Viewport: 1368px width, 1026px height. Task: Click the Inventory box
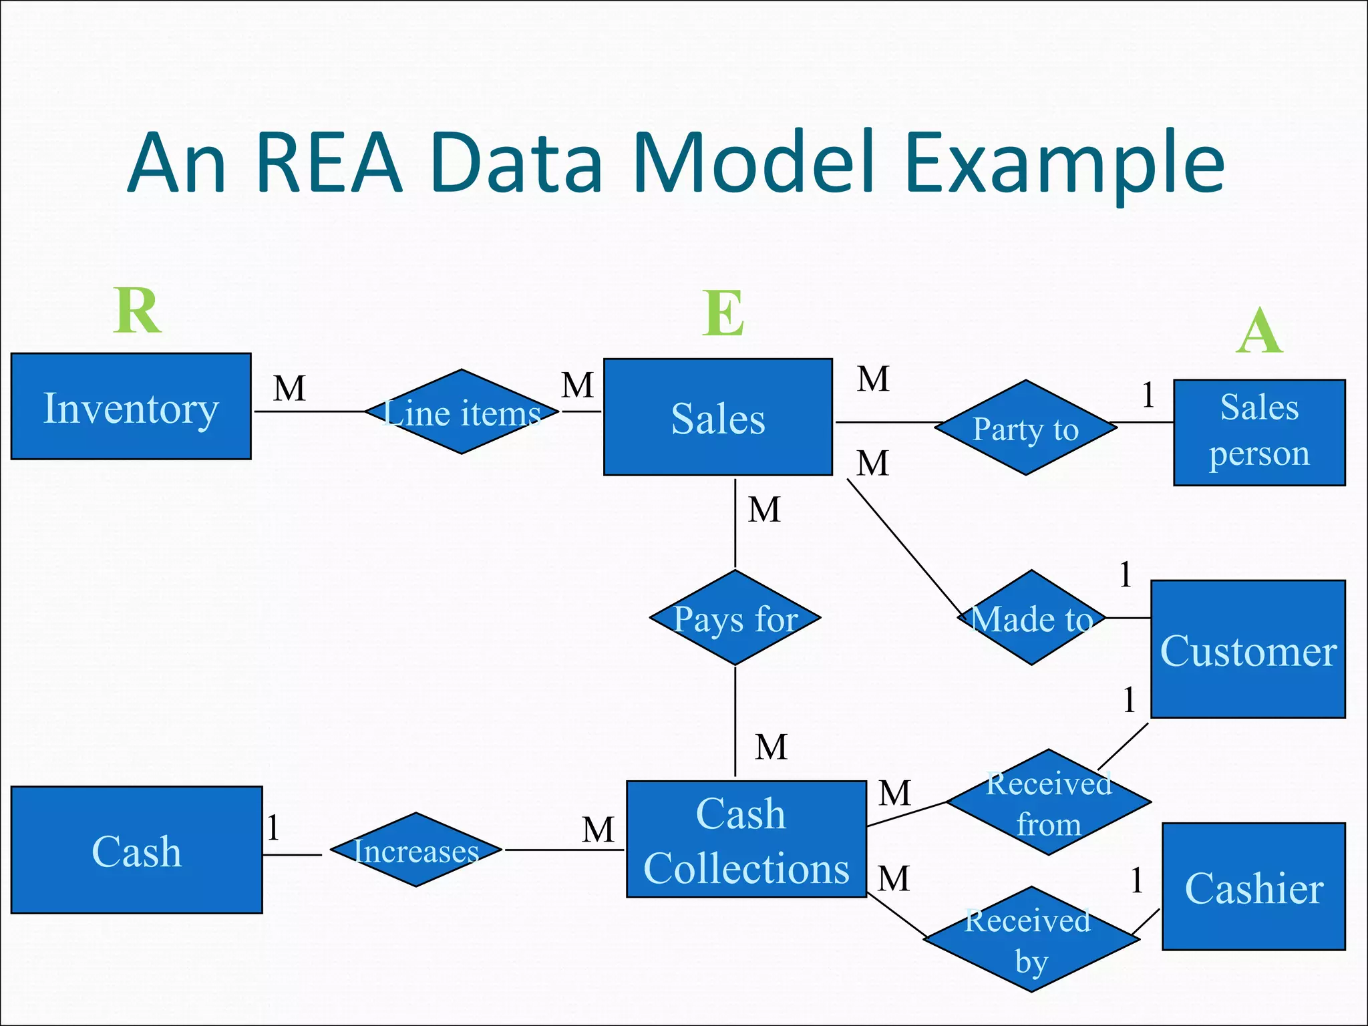tap(131, 406)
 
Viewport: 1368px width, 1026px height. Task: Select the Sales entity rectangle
tap(717, 417)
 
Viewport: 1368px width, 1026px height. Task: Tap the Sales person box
tap(1258, 432)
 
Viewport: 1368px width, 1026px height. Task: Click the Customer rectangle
tap(1248, 649)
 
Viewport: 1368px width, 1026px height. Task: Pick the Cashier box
tap(1253, 886)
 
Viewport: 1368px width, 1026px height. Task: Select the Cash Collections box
tap(745, 839)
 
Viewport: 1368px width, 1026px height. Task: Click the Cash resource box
tap(136, 850)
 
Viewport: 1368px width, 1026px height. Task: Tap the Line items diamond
tap(462, 412)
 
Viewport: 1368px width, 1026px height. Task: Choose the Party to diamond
tap(1025, 428)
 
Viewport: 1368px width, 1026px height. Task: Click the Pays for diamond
tap(735, 618)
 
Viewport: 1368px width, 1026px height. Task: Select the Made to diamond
tap(1031, 618)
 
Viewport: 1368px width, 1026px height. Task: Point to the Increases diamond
tap(415, 850)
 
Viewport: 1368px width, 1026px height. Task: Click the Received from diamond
tap(1049, 802)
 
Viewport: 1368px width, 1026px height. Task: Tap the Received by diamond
tap(1031, 939)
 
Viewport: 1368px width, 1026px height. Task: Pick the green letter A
tap(1259, 331)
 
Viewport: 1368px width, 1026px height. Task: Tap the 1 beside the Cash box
tap(273, 828)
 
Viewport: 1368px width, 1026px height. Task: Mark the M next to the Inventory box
tap(289, 388)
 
